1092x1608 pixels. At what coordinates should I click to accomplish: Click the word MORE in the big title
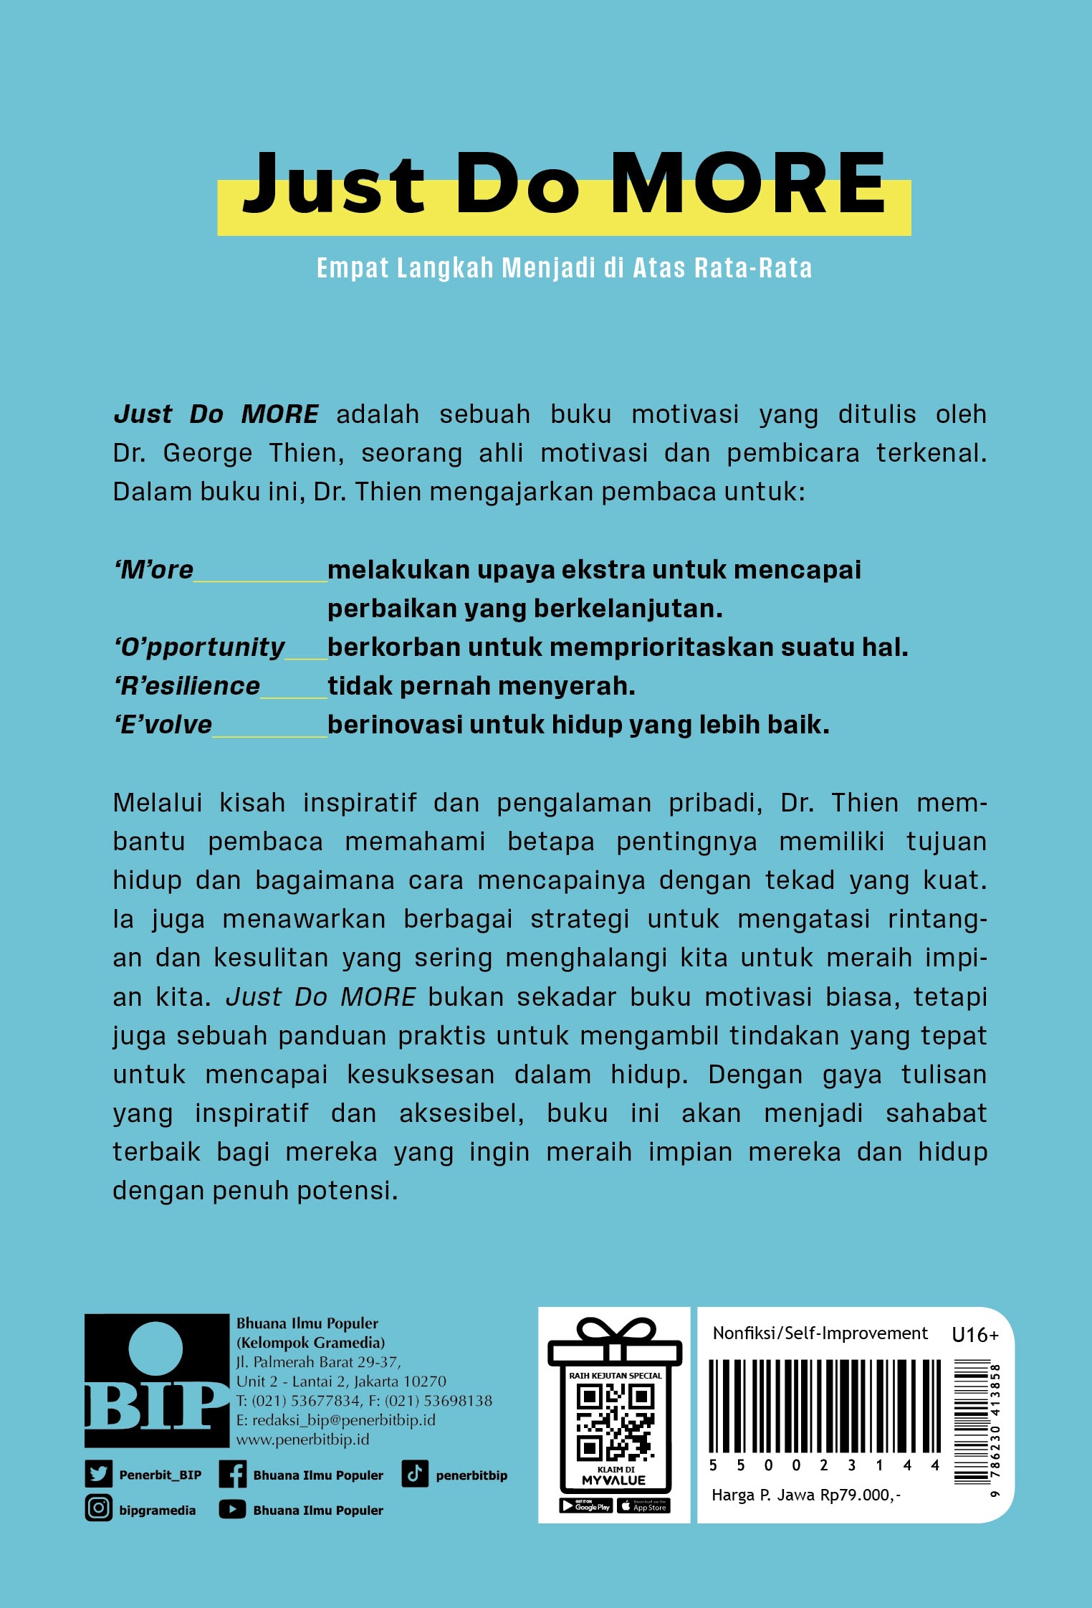click(x=748, y=184)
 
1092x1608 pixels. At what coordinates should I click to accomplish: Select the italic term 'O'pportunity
click(x=200, y=647)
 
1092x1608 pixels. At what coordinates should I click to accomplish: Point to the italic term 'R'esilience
click(x=187, y=686)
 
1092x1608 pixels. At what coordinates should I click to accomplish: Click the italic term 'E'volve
click(x=163, y=725)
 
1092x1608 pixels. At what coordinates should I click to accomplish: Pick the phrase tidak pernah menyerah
click(x=482, y=686)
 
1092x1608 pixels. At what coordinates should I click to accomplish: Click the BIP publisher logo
click(x=156, y=1380)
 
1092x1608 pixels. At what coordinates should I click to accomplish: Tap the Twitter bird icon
click(x=98, y=1475)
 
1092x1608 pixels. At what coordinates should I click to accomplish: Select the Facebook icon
click(x=232, y=1475)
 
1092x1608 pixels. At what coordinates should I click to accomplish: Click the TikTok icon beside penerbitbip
click(x=414, y=1474)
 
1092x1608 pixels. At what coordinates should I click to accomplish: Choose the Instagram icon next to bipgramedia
click(x=98, y=1509)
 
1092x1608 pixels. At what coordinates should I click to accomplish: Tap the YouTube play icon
click(x=232, y=1509)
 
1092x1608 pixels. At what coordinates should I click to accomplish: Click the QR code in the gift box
click(x=616, y=1422)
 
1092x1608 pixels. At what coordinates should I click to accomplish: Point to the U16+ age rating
click(x=974, y=1335)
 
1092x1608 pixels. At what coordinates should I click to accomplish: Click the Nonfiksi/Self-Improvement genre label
click(x=820, y=1333)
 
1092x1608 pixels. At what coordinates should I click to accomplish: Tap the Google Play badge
click(x=585, y=1505)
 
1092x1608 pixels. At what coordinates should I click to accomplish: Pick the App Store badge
click(x=643, y=1505)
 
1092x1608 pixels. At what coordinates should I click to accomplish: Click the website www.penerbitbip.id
click(x=302, y=1439)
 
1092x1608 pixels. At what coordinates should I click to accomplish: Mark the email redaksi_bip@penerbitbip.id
click(x=343, y=1419)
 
